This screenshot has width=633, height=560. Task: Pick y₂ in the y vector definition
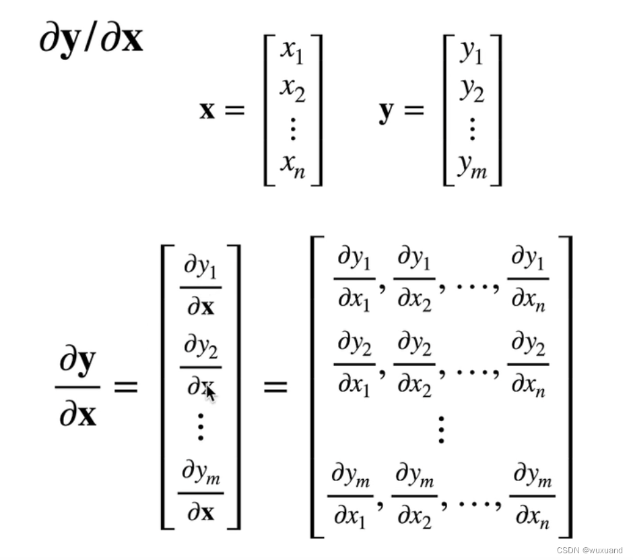click(471, 90)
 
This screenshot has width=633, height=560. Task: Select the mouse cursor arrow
click(211, 394)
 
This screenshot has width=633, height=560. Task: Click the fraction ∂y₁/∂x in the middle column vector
click(200, 287)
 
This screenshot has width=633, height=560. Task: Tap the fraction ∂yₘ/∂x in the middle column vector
click(200, 492)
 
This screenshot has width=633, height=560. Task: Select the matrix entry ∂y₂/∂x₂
click(413, 365)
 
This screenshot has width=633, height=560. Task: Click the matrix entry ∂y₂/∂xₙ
click(528, 365)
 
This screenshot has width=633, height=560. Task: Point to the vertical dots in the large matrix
click(441, 429)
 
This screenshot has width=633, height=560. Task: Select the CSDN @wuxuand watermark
click(589, 550)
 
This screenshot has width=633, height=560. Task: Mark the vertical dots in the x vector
click(292, 127)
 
